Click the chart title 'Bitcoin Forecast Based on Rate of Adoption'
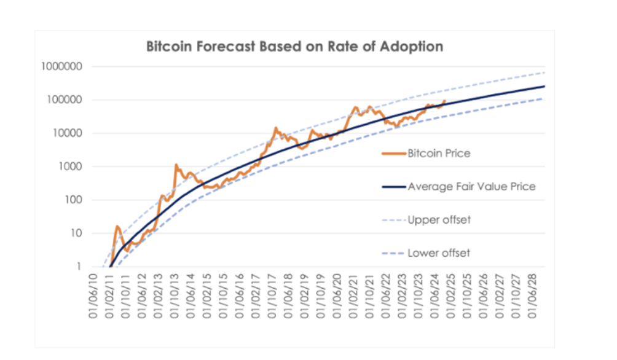(x=295, y=47)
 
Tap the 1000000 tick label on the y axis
(x=62, y=66)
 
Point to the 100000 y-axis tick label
(x=65, y=100)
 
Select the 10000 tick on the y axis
(x=68, y=133)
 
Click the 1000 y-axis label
(x=71, y=166)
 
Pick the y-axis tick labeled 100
(x=74, y=200)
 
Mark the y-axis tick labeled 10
(x=76, y=233)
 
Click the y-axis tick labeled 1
(x=79, y=267)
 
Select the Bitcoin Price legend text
(x=439, y=153)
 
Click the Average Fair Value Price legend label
(x=472, y=187)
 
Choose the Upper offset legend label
(x=439, y=219)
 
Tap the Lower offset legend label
(x=439, y=253)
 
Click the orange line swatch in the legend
(x=394, y=154)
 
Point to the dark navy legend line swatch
(x=394, y=187)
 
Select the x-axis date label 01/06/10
(x=93, y=296)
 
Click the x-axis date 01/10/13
(x=175, y=296)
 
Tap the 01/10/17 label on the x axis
(x=272, y=296)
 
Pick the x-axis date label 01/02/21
(x=353, y=296)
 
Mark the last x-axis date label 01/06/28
(x=532, y=296)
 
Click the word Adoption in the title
(x=412, y=47)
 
